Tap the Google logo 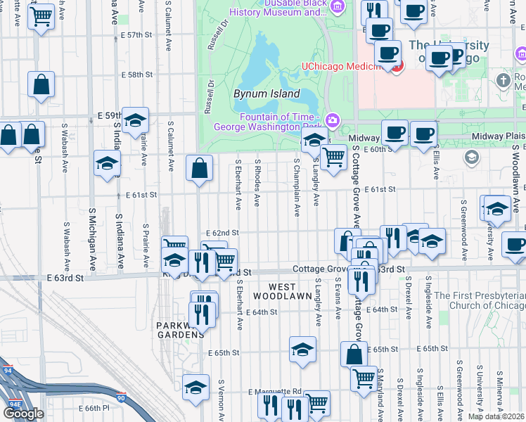coord(23,413)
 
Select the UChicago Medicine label coord(346,67)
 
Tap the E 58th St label coord(136,75)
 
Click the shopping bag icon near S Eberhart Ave coord(200,168)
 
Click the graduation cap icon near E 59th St coord(135,120)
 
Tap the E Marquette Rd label coord(274,392)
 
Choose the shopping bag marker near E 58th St coord(41,84)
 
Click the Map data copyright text coord(496,416)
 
